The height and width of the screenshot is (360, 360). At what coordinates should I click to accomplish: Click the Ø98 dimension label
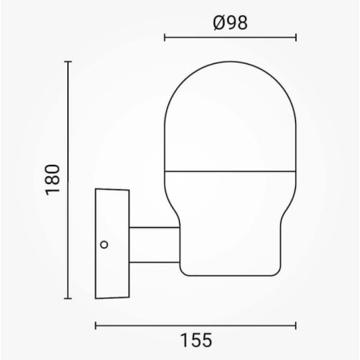click(230, 22)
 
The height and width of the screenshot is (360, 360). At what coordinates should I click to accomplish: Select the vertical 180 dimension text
click(53, 180)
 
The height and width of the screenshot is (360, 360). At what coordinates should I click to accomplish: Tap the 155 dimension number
click(196, 340)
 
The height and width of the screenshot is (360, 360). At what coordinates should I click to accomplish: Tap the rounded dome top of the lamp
click(230, 88)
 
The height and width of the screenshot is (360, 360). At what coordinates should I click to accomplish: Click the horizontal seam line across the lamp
click(230, 170)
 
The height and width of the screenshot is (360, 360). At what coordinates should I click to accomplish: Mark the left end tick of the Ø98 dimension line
click(164, 37)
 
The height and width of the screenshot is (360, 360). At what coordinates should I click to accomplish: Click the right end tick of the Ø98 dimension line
click(297, 37)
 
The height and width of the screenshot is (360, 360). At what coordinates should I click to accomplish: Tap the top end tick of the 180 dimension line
click(69, 62)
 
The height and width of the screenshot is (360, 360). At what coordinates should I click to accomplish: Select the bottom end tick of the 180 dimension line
click(69, 298)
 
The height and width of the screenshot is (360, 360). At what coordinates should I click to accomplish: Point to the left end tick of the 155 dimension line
click(96, 325)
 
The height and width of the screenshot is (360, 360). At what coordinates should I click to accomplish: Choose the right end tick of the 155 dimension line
click(297, 325)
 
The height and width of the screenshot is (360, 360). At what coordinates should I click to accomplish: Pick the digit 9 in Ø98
click(230, 22)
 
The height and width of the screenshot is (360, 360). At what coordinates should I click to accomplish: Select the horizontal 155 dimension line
click(196, 325)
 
